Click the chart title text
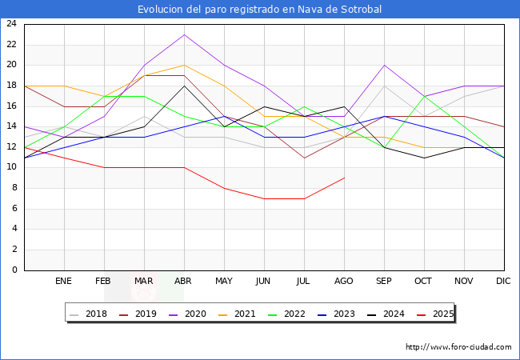(x=259, y=10)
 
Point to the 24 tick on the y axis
(x=11, y=24)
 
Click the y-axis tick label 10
(x=11, y=168)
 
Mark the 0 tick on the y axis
(x=14, y=270)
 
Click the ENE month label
(x=64, y=282)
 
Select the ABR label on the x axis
(x=184, y=282)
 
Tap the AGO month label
(x=344, y=282)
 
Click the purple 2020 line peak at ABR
(x=184, y=34)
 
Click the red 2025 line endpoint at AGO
(x=344, y=178)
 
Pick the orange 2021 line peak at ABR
(x=184, y=65)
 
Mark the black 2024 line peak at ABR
(x=184, y=86)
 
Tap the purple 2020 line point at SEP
(x=384, y=65)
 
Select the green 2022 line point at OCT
(x=424, y=96)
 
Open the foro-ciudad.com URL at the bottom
(x=458, y=347)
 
